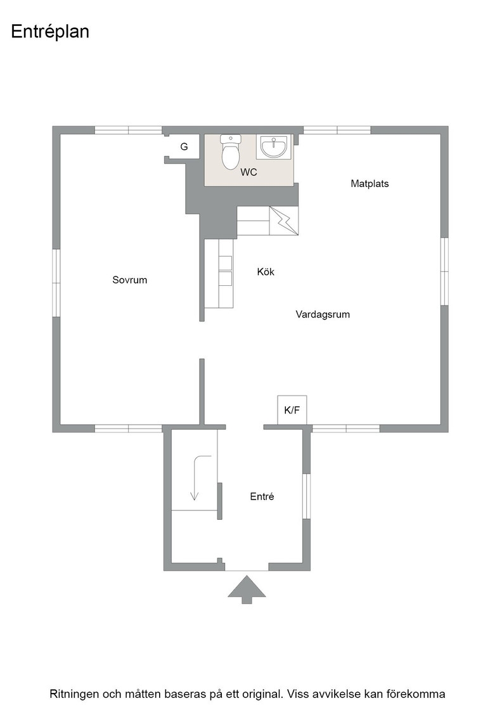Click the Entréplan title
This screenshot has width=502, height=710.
(50, 32)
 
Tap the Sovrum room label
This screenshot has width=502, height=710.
(129, 280)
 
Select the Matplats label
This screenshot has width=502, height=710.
(370, 183)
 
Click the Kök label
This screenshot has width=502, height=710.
(266, 272)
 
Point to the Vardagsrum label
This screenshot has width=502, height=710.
(323, 314)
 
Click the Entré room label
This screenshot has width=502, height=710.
(262, 496)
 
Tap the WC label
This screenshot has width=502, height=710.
(248, 172)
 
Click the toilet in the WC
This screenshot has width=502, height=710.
(231, 152)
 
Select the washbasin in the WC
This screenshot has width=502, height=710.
(274, 146)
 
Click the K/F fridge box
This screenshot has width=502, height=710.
(292, 410)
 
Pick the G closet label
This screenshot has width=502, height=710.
(184, 146)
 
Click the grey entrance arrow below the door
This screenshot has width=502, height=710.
(247, 589)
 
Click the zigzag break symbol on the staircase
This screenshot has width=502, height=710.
(284, 221)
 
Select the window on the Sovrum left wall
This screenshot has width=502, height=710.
(56, 283)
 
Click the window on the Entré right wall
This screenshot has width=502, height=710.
(306, 496)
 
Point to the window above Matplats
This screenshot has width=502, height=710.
(337, 131)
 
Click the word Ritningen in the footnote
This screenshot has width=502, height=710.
(74, 694)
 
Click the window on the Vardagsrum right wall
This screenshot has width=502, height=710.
(444, 271)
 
